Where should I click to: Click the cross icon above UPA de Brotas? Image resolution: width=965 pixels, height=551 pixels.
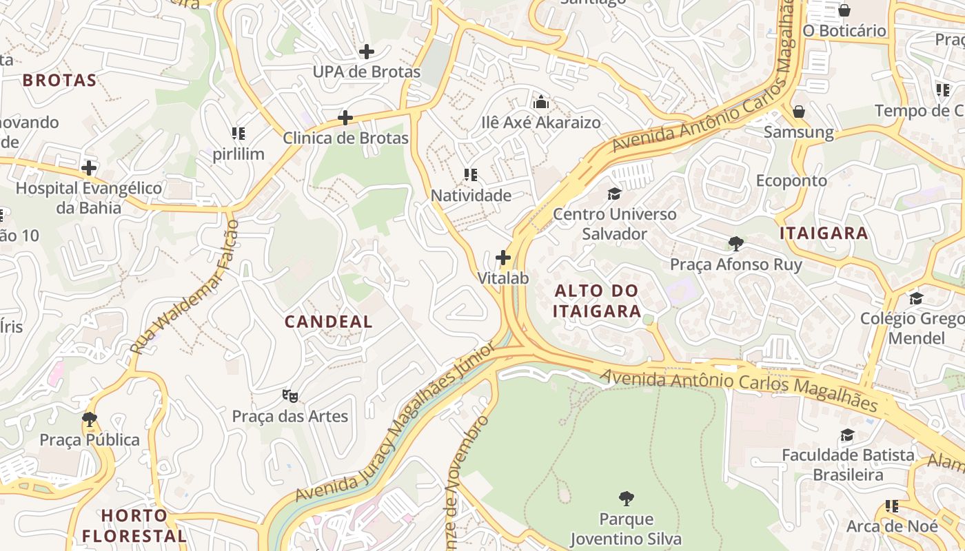pos(367,52)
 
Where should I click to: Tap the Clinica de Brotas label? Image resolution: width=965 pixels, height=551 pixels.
pos(345,138)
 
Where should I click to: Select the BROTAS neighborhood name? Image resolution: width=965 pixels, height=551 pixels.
pos(59,81)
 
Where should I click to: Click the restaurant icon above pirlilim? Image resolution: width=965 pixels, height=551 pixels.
pos(238,134)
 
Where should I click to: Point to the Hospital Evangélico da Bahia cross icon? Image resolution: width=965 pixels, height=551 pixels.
pos(89,167)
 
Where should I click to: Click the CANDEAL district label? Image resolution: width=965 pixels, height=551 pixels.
pos(329,322)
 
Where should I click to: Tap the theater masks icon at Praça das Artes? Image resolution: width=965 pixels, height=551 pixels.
pos(290,396)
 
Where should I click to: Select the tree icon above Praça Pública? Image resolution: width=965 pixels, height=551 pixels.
pos(89,419)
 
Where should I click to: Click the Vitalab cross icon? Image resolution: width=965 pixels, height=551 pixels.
pos(503,258)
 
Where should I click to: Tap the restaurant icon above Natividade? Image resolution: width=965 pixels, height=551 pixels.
pos(471,175)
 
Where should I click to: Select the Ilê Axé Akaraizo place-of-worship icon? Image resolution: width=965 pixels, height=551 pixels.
pos(541,103)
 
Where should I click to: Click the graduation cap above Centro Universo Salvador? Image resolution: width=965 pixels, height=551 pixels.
pos(614,194)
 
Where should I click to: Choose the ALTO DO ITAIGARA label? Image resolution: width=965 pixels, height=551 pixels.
pos(598,301)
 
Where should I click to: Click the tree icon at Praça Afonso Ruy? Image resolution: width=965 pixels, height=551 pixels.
pos(736,244)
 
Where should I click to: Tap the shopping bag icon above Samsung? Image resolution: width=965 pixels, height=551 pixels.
pos(798,112)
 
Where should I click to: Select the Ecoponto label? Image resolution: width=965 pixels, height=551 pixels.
pos(791,180)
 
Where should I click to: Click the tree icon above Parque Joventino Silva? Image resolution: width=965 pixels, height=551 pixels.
pos(626,498)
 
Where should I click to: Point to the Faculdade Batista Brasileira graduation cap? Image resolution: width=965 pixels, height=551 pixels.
pos(847,435)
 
